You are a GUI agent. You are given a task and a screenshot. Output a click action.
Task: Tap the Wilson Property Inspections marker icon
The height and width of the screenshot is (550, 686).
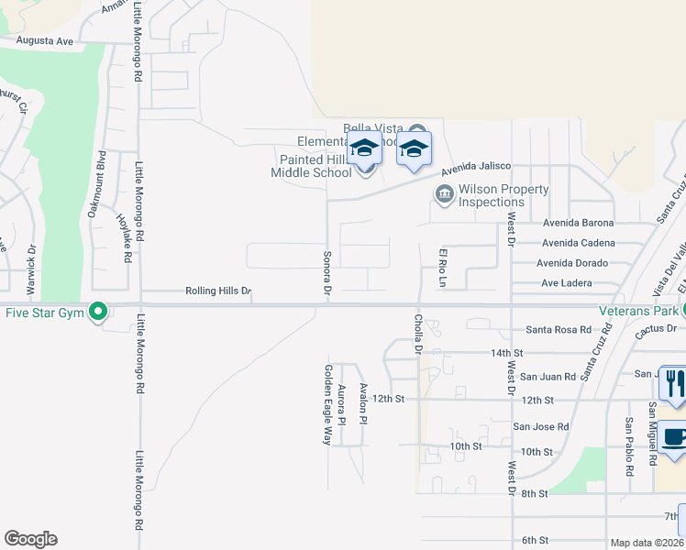point(444,195)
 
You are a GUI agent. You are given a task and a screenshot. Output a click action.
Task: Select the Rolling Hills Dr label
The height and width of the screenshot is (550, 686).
point(218,291)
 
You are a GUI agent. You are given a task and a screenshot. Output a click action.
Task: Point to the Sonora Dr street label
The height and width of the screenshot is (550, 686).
point(326,272)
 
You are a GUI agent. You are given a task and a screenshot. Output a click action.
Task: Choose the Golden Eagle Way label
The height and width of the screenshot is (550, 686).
point(326,404)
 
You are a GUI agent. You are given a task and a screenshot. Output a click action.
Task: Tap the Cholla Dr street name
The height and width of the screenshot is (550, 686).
point(418,332)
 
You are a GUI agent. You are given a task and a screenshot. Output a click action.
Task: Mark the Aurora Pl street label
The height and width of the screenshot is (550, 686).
point(341,405)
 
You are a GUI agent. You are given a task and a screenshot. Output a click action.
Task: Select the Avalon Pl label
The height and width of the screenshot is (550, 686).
point(363,403)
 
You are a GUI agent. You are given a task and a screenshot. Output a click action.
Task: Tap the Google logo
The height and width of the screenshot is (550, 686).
point(30,539)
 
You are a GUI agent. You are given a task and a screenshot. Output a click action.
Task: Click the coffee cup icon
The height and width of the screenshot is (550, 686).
point(671,438)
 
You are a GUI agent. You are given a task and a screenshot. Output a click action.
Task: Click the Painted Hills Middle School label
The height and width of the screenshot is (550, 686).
point(311,166)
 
